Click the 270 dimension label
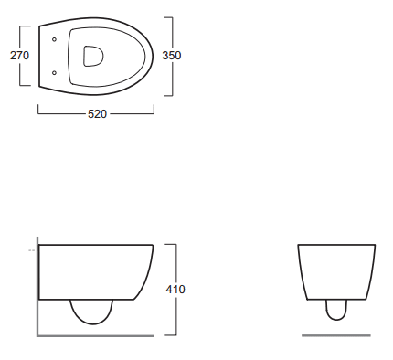[19, 56]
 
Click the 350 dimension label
[172, 56]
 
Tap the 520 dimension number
[97, 114]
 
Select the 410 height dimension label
[175, 289]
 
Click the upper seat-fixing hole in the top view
[54, 39]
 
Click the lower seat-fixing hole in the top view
[54, 73]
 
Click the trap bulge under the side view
[91, 323]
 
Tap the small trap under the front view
[336, 320]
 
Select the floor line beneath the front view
[336, 335]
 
